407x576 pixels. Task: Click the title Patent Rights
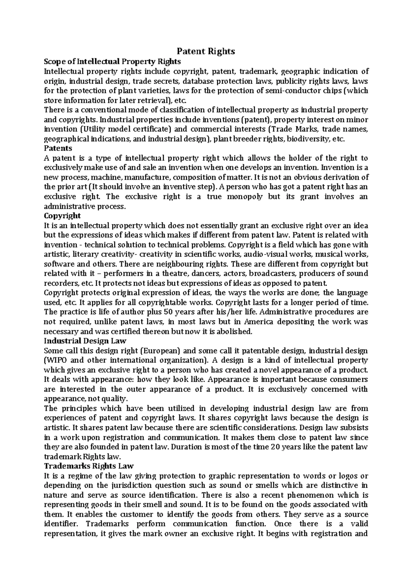(206, 51)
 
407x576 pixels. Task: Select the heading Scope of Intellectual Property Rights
(113, 61)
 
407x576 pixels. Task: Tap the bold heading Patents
(58, 148)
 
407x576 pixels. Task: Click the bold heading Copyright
(62, 216)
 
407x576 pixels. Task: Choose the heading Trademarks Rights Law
(89, 466)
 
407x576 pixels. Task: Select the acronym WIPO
(58, 360)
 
